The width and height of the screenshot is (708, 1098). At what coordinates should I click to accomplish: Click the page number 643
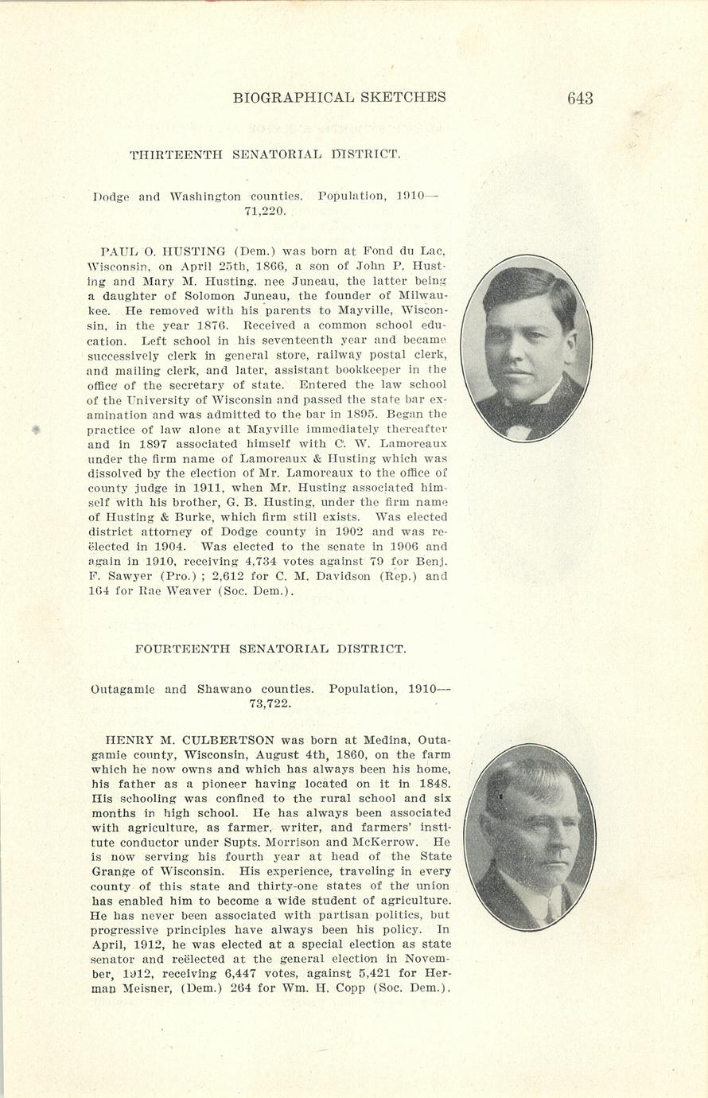[x=580, y=98]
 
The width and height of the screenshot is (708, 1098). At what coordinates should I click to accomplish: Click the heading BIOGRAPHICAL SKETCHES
[x=339, y=98]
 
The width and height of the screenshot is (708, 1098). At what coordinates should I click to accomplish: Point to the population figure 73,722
[x=270, y=704]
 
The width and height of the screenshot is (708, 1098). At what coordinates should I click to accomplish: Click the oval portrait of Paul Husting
[x=526, y=348]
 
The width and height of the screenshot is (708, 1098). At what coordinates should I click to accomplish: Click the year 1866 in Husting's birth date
[x=272, y=267]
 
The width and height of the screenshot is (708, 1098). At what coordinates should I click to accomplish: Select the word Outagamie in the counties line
[x=123, y=689]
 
